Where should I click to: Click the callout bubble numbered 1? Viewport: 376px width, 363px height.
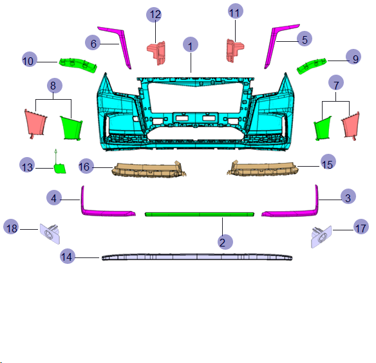(x=191, y=44)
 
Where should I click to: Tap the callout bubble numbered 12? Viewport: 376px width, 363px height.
(x=154, y=15)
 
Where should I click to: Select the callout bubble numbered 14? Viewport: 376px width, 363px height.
(x=68, y=256)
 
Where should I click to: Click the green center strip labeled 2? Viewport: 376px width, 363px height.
(x=200, y=214)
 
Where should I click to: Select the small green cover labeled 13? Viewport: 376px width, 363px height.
(x=59, y=169)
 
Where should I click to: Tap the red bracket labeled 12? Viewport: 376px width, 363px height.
(x=157, y=53)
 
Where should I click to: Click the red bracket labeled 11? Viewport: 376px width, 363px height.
(x=234, y=51)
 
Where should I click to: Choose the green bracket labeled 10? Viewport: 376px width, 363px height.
(x=78, y=65)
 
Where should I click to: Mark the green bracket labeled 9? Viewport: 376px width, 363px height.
(x=312, y=66)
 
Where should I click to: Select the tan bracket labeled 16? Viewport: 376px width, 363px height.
(x=149, y=169)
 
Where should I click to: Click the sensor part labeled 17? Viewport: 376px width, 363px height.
(x=321, y=237)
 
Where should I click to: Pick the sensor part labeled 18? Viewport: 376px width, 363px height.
(x=50, y=234)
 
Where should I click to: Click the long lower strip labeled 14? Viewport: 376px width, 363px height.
(x=197, y=257)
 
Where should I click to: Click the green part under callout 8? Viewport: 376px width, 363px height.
(x=71, y=128)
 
